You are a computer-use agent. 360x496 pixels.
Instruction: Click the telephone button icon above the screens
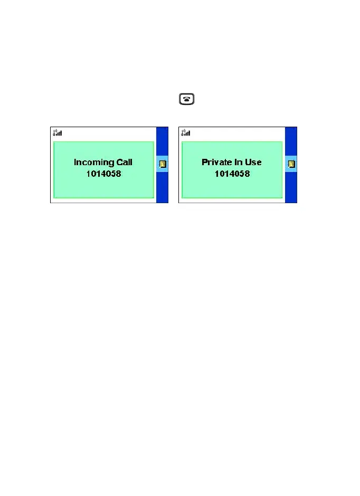(x=187, y=99)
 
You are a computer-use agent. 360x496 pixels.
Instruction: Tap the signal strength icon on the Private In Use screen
(x=186, y=132)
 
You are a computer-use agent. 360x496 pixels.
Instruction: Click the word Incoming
(x=94, y=163)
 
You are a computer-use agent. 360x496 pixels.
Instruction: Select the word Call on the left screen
(x=124, y=163)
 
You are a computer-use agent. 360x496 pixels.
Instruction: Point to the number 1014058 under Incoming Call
(x=104, y=173)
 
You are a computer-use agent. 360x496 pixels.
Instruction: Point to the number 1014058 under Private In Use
(x=232, y=173)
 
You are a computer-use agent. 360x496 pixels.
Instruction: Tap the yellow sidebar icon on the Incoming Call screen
(x=163, y=164)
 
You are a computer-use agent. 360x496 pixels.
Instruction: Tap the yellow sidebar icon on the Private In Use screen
(x=291, y=164)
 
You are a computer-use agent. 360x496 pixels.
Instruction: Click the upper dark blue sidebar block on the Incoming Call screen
(x=163, y=141)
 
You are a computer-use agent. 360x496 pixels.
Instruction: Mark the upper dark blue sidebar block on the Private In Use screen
(x=291, y=141)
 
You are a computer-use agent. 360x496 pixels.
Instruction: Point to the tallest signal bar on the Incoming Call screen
(x=61, y=132)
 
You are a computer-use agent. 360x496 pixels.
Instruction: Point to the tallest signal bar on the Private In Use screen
(x=190, y=132)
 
